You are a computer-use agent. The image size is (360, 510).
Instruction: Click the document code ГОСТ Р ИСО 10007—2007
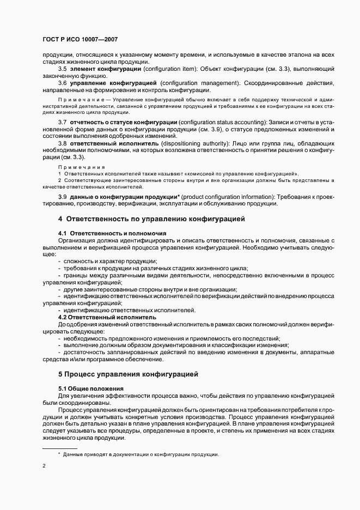[x=80, y=40]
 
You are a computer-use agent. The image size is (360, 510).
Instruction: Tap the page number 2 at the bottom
[x=45, y=466]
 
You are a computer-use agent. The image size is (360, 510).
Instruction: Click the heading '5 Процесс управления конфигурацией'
[x=128, y=374]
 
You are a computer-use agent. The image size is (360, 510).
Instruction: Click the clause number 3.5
[x=62, y=70]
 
